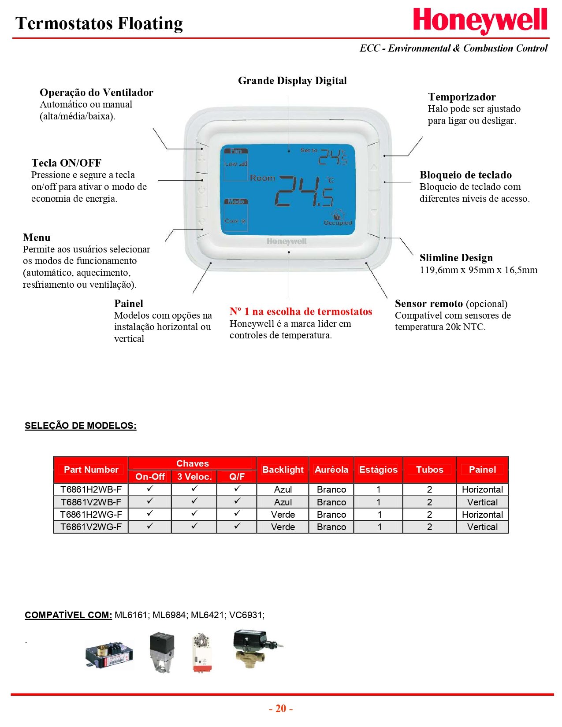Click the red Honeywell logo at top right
480,21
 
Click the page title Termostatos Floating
99,23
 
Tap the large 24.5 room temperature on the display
304,192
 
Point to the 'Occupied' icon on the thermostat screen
338,218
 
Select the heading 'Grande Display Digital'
292,81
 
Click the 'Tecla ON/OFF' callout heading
67,163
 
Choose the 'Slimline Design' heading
456,258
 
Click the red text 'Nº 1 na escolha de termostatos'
301,312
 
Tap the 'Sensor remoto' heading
428,304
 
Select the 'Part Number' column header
91,470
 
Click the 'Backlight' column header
283,470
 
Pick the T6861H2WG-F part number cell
91,514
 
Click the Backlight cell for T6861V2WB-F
283,502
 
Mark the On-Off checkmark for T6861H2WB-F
150,489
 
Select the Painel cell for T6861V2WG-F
482,527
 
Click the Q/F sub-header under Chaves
237,476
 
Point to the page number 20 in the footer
281,708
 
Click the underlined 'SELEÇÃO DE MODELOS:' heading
81,426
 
